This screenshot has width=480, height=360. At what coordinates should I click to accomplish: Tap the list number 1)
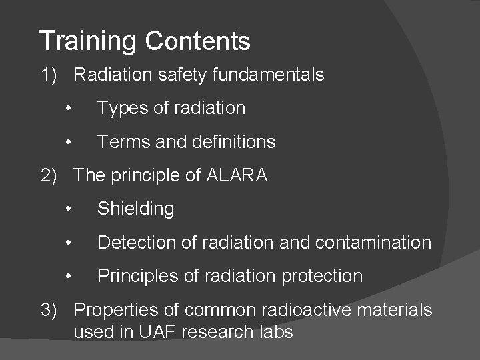[51, 75]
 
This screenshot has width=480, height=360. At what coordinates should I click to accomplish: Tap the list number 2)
[51, 175]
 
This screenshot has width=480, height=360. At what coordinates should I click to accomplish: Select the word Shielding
[135, 209]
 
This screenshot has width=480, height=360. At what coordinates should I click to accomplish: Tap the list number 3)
[51, 310]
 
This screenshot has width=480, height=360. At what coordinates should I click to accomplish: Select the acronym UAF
[165, 331]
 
